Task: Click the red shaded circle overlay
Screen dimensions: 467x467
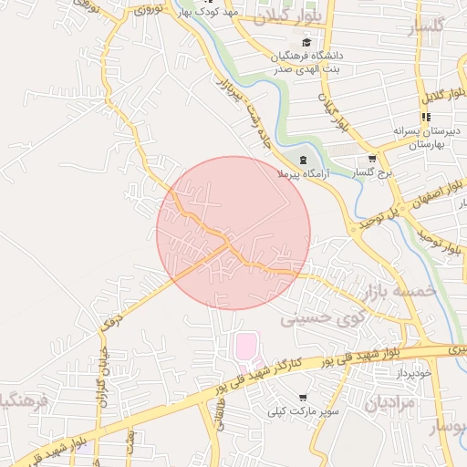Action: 233,233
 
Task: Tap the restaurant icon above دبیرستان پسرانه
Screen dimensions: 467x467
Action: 424,117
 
